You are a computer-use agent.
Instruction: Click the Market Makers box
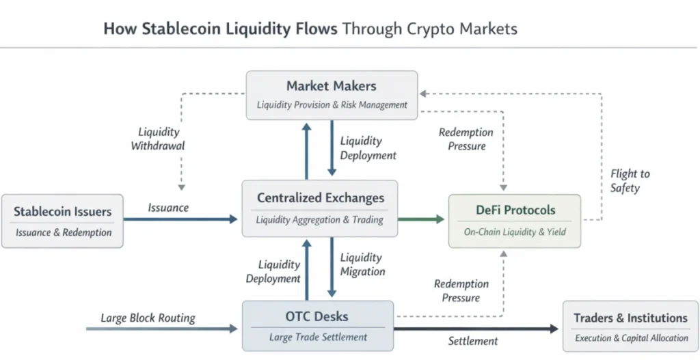coord(332,94)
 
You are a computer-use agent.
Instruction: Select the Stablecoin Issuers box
coord(63,221)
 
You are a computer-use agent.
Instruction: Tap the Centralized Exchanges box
coord(320,208)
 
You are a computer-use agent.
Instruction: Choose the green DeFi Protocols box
coord(514,220)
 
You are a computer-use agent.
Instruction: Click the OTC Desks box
coord(317,325)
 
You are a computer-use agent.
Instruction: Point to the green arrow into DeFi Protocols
coord(420,219)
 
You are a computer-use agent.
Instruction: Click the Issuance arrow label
coord(168,208)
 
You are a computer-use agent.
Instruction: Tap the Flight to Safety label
coord(630,181)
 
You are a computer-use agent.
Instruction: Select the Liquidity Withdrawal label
coord(158,139)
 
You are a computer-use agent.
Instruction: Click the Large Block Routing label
coord(148,318)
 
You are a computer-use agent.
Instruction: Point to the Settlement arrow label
coord(473,341)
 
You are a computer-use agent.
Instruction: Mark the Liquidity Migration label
coord(362,264)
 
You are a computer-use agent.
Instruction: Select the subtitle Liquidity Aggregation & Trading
coord(320,220)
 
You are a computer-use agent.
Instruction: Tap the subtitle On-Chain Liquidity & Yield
coord(514,232)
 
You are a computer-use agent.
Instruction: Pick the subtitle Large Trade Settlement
coord(317,337)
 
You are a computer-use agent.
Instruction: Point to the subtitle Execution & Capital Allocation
coord(630,338)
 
